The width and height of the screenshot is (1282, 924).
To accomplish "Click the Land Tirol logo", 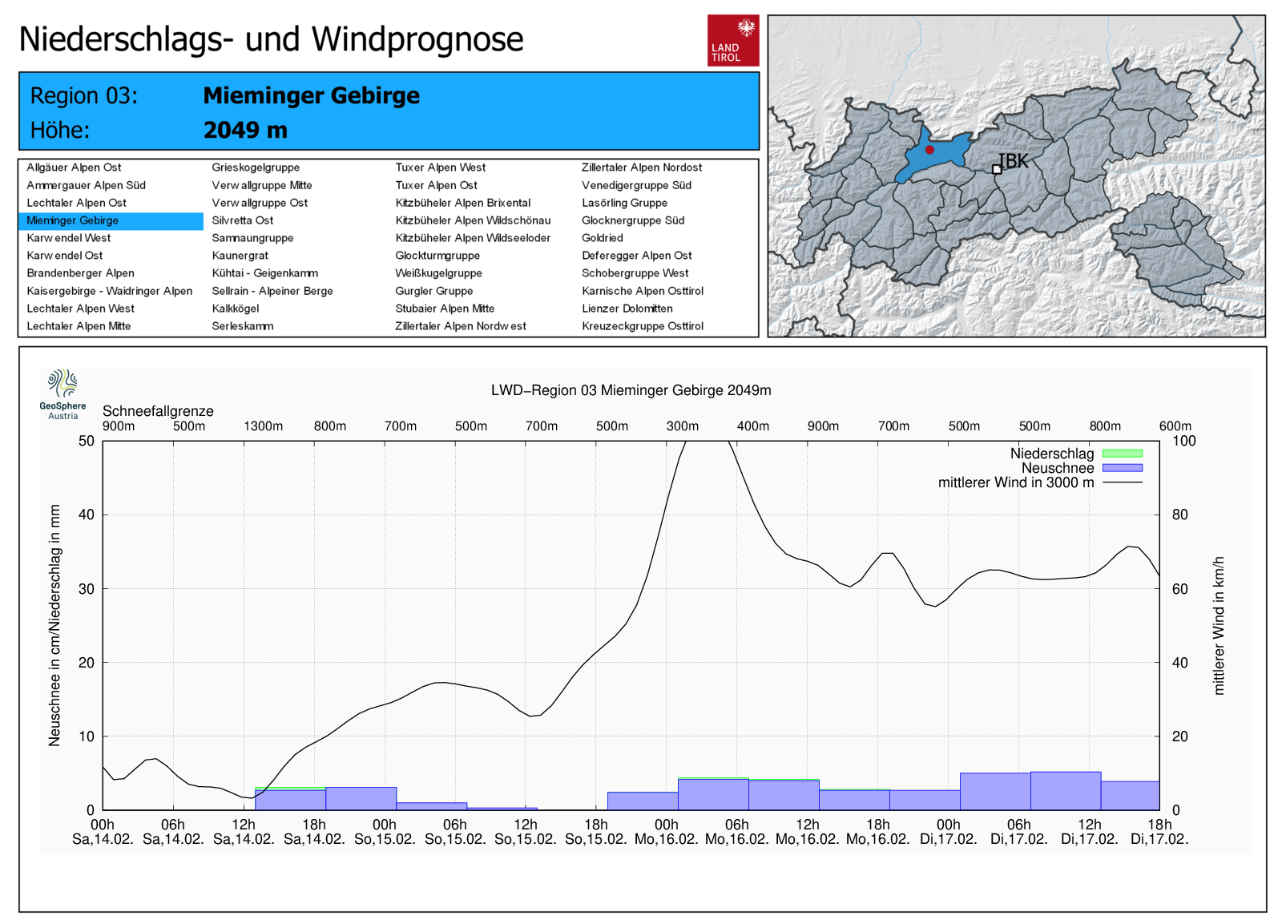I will pyautogui.click(x=732, y=40).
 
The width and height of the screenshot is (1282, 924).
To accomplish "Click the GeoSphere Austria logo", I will pyautogui.click(x=62, y=393).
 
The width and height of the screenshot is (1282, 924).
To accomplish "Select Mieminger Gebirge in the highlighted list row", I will pyautogui.click(x=73, y=220).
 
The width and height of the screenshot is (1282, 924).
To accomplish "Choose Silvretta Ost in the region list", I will pyautogui.click(x=243, y=220).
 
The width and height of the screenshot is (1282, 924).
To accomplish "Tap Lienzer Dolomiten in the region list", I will pyautogui.click(x=627, y=309).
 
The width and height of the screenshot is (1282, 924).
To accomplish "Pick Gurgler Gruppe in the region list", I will pyautogui.click(x=434, y=291).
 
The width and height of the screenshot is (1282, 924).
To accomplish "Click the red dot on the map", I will pyautogui.click(x=929, y=150).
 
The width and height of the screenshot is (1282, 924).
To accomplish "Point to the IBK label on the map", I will pyautogui.click(x=1014, y=161).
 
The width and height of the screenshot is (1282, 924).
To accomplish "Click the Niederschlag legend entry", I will pyautogui.click(x=1052, y=454).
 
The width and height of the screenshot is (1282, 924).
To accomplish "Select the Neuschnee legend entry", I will pyautogui.click(x=1058, y=468).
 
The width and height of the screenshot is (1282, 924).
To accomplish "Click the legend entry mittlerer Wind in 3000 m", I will pyautogui.click(x=1016, y=482).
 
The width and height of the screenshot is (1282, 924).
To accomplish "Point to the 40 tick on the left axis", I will pyautogui.click(x=87, y=514).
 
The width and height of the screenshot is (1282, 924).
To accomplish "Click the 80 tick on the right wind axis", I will pyautogui.click(x=1180, y=514).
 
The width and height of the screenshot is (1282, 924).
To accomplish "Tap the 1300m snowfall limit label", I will pyautogui.click(x=264, y=426).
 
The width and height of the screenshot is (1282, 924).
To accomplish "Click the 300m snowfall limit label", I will pyautogui.click(x=683, y=426).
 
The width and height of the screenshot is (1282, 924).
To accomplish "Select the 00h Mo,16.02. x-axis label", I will pyautogui.click(x=667, y=832).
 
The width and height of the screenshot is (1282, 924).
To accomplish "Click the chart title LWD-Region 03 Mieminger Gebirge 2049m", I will pyautogui.click(x=631, y=390).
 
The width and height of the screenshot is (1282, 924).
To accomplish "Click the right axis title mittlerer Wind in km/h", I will pyautogui.click(x=1219, y=625).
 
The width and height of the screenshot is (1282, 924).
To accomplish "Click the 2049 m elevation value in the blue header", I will pyautogui.click(x=245, y=130).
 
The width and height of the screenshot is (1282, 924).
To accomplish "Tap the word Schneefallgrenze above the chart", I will pyautogui.click(x=158, y=411).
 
